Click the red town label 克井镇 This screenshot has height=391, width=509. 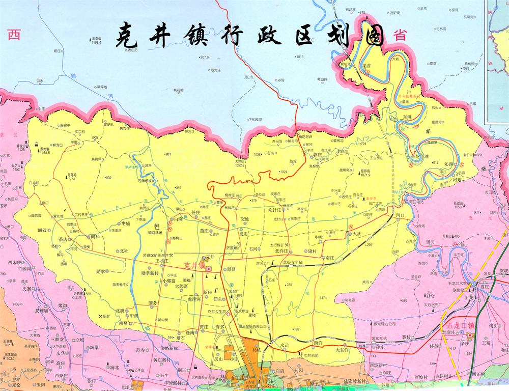coord(194,266)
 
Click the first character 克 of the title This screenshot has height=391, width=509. coord(127,35)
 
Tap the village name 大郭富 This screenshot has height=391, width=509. coord(182,286)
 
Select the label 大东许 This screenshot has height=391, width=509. coord(343,350)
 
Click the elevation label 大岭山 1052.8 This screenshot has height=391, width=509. coord(240,163)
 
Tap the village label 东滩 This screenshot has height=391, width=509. coord(407,117)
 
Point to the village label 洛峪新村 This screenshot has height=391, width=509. coord(169,348)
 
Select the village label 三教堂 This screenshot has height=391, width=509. coord(56,339)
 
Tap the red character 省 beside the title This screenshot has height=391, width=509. coord(400,36)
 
